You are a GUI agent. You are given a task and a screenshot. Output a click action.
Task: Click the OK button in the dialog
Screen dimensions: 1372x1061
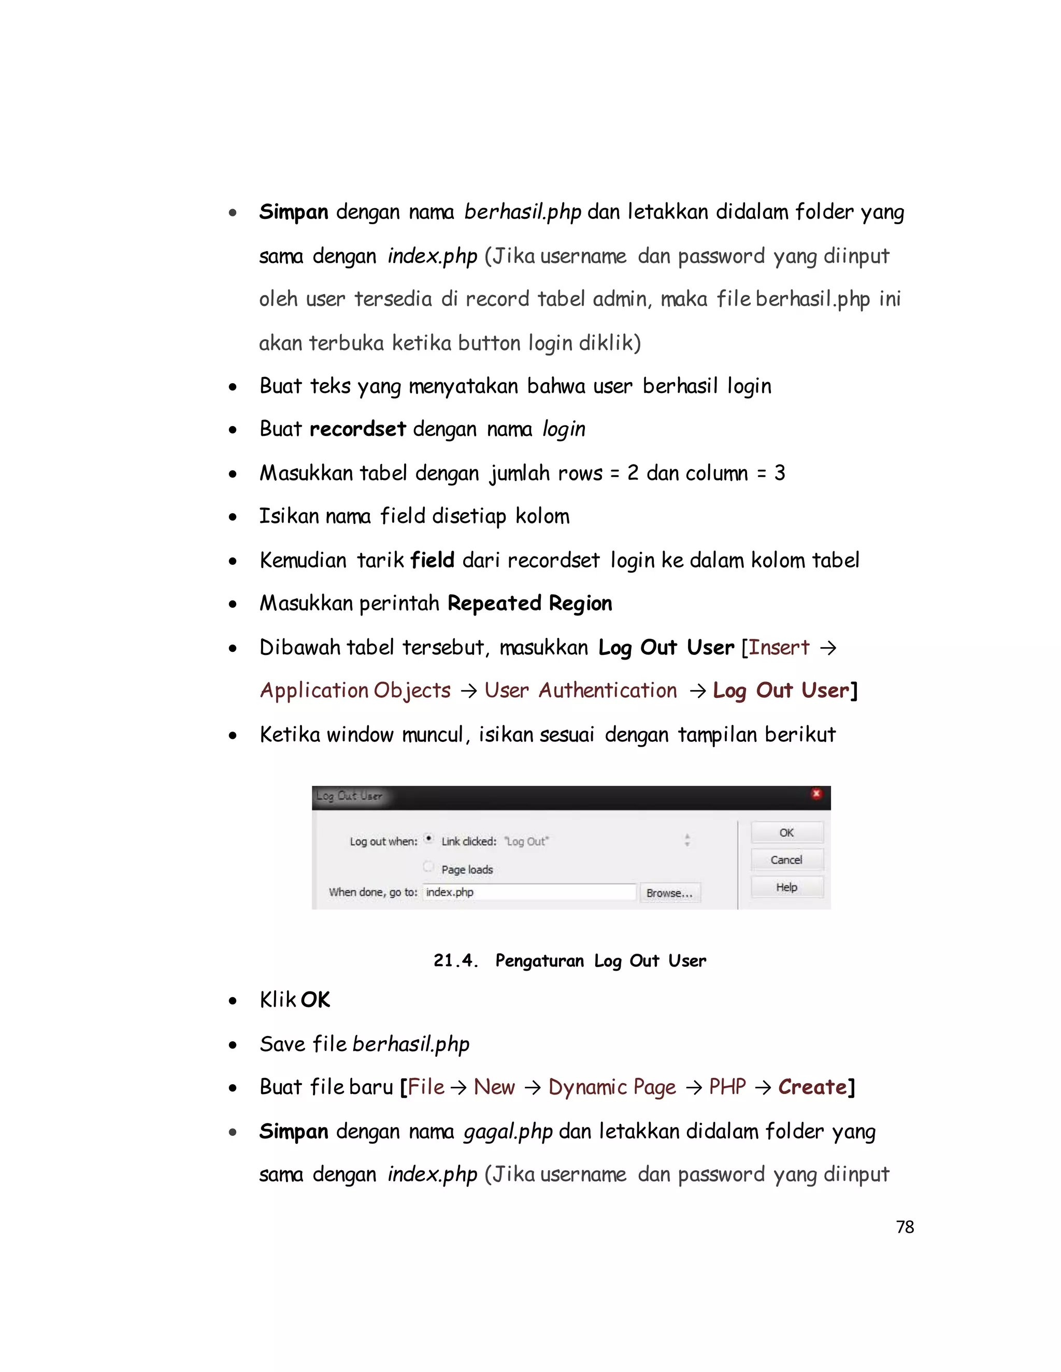point(786,833)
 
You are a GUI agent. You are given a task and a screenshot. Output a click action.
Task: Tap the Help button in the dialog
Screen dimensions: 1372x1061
point(786,887)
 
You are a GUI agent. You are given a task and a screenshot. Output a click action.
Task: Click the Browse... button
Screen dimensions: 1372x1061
point(669,893)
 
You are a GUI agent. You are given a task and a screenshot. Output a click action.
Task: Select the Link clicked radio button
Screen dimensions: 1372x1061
point(428,839)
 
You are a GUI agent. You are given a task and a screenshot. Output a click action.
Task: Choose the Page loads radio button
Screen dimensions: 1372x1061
point(428,867)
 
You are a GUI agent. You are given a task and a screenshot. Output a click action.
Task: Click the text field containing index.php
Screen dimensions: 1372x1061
point(528,892)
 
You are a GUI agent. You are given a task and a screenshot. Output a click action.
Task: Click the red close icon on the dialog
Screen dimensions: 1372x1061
point(816,794)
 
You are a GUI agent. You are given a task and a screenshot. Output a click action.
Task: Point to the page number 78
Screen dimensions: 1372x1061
point(905,1227)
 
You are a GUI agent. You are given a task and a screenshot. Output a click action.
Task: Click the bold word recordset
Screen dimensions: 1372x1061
point(357,429)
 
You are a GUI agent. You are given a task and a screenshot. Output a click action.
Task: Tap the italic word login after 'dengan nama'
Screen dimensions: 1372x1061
point(563,430)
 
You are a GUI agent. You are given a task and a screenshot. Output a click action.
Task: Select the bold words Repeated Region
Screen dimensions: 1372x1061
point(529,604)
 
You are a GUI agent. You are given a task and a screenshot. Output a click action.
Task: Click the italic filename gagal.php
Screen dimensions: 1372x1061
point(507,1132)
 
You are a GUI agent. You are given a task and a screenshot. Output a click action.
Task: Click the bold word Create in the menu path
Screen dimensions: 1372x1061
point(812,1087)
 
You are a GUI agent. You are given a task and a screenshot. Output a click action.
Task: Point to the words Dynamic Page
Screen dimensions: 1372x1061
point(612,1087)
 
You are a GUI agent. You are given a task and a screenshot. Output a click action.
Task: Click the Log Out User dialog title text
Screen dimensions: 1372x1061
point(350,796)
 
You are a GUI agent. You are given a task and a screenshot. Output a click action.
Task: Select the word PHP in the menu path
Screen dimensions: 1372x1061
point(727,1087)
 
